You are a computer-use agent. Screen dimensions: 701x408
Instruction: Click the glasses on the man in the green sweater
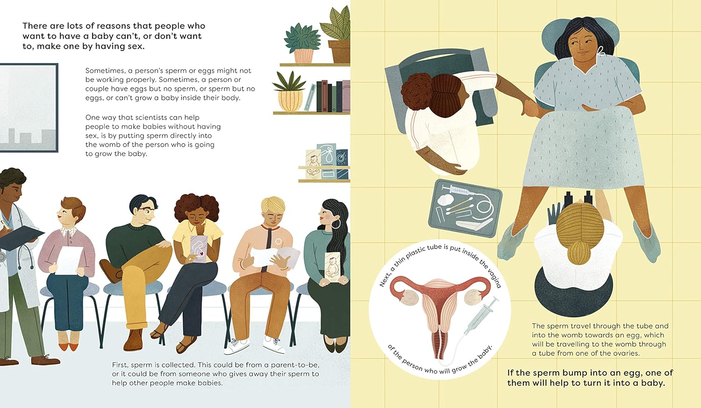[x=145, y=210]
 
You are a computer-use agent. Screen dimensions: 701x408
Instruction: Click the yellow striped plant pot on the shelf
[x=290, y=100]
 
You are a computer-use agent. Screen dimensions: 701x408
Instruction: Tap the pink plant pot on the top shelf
[x=303, y=56]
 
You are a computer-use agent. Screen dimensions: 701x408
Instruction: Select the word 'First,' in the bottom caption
[x=120, y=365]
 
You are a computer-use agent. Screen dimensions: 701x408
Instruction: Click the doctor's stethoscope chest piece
[x=2, y=257]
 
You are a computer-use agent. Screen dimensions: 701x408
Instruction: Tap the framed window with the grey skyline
[x=29, y=108]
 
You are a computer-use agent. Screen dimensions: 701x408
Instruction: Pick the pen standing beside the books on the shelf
[x=310, y=98]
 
